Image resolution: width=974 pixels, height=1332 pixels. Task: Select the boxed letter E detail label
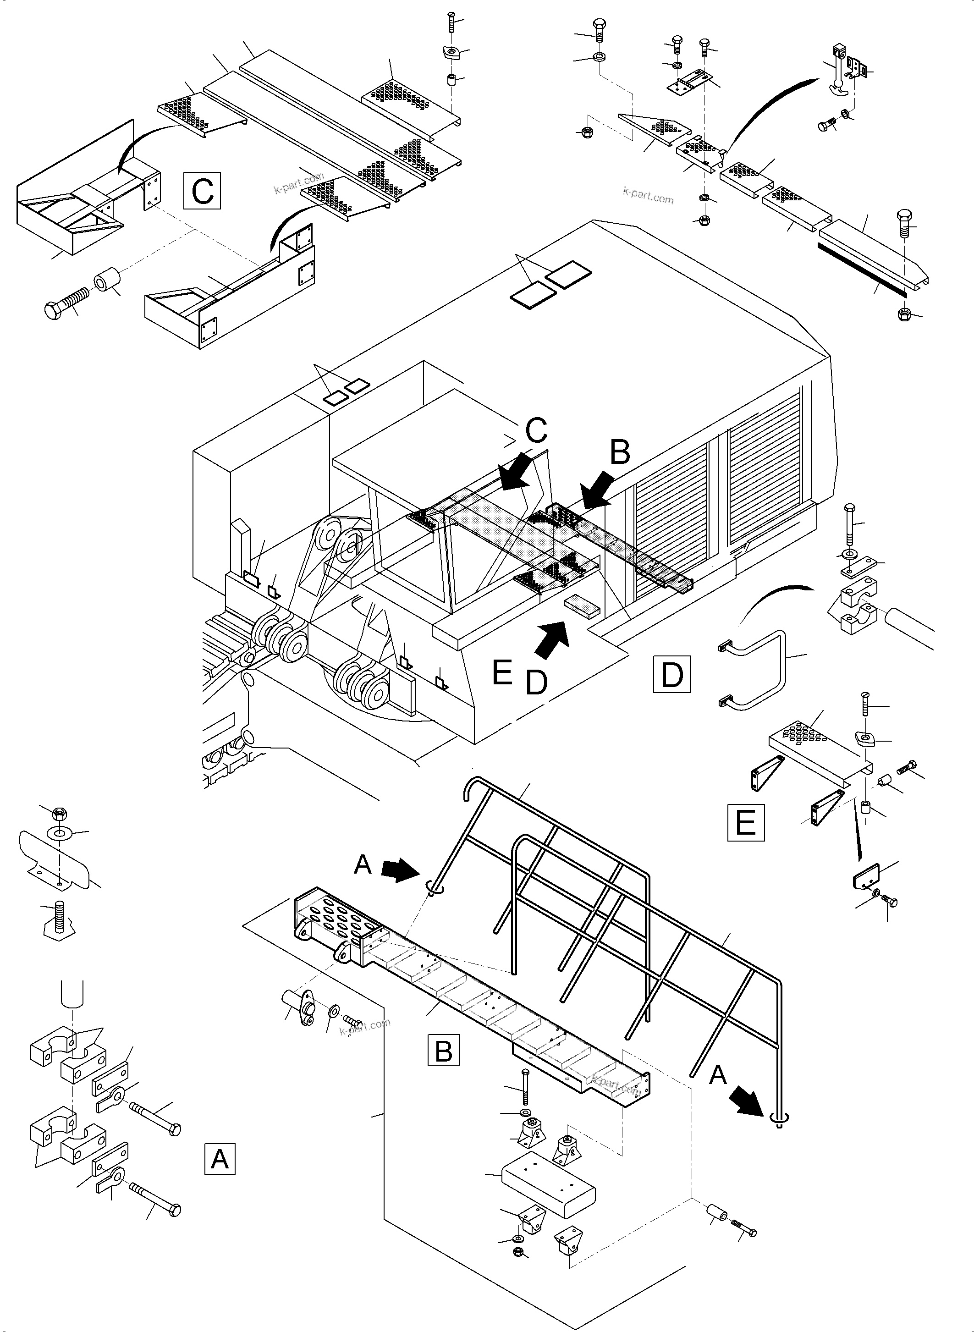click(746, 821)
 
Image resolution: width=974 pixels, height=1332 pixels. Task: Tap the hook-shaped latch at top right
click(839, 72)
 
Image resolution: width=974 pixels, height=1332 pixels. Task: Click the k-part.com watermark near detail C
click(298, 183)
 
